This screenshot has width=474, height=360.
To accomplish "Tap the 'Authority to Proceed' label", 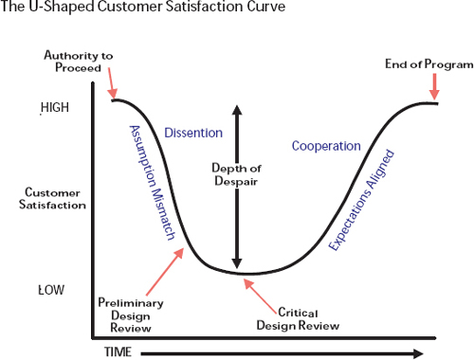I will coord(79,63).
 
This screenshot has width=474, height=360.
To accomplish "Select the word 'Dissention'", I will coord(192,133).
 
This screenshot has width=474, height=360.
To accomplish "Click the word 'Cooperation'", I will coord(326,146).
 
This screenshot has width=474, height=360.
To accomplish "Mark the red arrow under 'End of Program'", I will coord(434,87).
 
